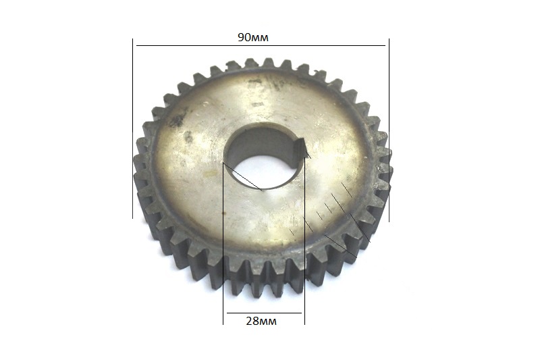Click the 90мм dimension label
point(252,37)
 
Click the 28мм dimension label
point(261,321)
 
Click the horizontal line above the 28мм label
point(264,313)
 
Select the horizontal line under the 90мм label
point(261,45)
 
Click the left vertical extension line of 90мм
point(132,128)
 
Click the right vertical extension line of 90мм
point(389,130)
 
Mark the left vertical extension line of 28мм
point(223,243)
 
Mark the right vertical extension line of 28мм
point(305,241)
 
